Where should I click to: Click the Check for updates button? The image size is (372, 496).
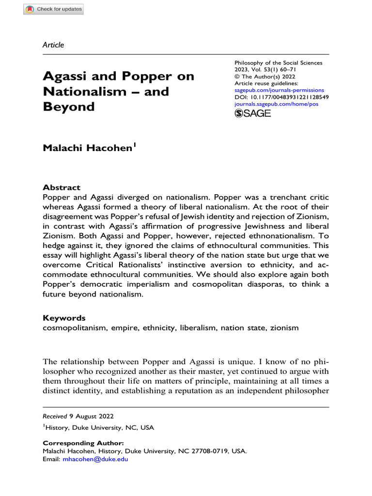coord(54,9)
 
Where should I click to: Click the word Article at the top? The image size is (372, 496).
coord(53,45)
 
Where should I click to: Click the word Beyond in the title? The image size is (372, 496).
coord(68,107)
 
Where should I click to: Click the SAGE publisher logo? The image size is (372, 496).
coord(252,113)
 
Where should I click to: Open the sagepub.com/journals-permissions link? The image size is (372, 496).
coord(279,90)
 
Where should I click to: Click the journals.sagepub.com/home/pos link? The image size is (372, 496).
coord(276,104)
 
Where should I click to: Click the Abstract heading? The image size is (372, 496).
coord(62,187)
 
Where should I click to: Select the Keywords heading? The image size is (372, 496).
coord(64,318)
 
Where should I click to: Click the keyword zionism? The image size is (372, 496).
coord(285,328)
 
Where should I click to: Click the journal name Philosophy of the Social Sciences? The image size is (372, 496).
coord(278,63)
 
